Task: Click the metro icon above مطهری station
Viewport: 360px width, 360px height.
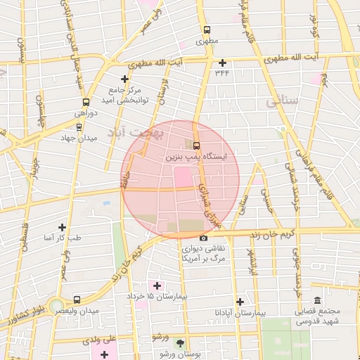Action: click(x=207, y=30)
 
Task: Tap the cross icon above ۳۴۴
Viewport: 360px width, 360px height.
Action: click(x=222, y=62)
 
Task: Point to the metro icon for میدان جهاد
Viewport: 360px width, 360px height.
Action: click(x=77, y=128)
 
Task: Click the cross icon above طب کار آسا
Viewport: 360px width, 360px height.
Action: click(x=62, y=227)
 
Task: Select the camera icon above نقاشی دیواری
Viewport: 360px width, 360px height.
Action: click(x=203, y=238)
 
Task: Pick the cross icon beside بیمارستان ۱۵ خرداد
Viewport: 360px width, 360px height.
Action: click(x=157, y=285)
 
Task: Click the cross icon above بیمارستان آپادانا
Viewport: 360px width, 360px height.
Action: click(x=240, y=300)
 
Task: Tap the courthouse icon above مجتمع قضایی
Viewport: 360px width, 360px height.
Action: click(x=317, y=300)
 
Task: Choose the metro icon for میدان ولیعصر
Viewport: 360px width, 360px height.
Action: click(x=77, y=299)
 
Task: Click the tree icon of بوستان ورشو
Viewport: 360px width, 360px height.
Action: click(x=181, y=344)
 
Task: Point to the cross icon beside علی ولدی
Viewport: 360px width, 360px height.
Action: click(x=104, y=354)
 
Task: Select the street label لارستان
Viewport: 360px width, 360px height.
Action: click(x=164, y=92)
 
